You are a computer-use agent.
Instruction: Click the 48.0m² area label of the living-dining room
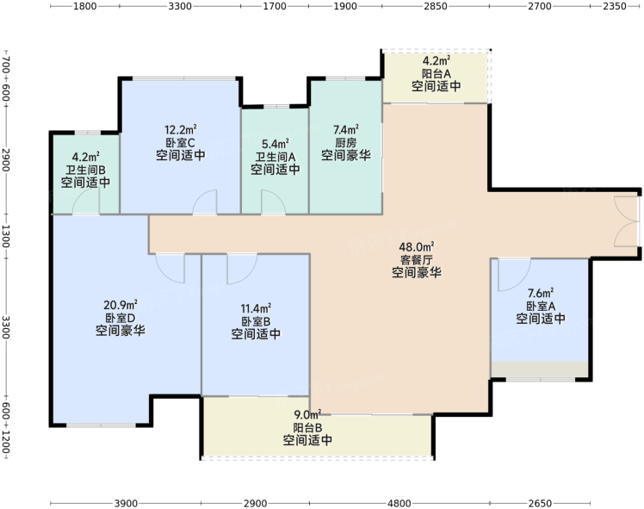pos(417,247)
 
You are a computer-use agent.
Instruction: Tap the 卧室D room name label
pos(121,318)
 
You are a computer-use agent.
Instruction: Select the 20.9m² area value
pos(121,305)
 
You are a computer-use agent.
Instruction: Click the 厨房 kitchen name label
pos(346,143)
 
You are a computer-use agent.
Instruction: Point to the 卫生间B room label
pos(86,170)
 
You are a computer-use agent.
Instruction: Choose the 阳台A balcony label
pos(437,74)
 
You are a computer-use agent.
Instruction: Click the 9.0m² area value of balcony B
pos(307,414)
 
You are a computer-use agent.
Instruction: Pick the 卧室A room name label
pos(541,306)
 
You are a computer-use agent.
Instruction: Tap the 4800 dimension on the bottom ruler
pos(399,503)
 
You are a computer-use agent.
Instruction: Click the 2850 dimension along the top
pos(436,6)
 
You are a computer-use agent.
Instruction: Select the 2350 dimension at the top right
pos(615,6)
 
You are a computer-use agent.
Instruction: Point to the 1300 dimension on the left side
pos(5,236)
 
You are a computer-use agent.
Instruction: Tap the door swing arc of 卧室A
pos(519,284)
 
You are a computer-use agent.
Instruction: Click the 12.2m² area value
pos(181,130)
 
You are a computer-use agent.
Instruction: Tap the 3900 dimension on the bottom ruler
pos(126,503)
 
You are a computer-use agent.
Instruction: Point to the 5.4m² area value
pos(276,144)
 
